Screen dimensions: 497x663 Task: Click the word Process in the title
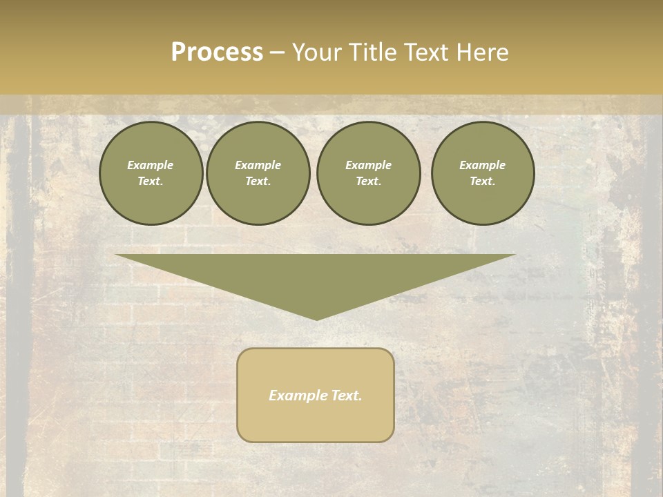(x=217, y=52)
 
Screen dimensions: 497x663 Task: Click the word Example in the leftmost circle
(x=151, y=165)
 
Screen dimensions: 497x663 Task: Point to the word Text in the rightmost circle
(x=481, y=182)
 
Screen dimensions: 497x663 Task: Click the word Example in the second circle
(x=258, y=165)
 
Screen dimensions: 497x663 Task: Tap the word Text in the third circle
(x=367, y=182)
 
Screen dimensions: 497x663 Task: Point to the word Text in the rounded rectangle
(x=347, y=396)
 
